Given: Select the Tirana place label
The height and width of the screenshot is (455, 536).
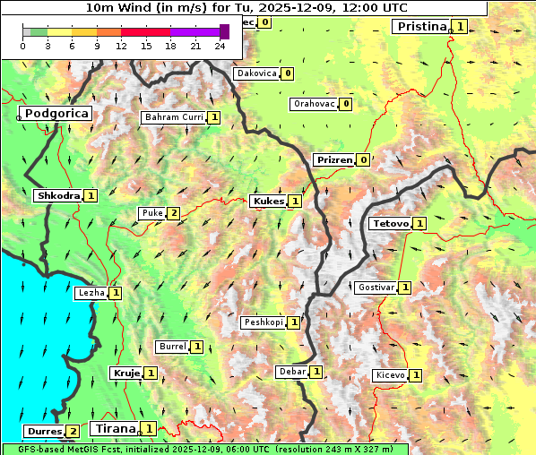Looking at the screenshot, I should tap(114, 428).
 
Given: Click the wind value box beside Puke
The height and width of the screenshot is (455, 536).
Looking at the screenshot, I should tap(174, 213).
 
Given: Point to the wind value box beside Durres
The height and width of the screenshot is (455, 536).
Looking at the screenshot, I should tap(73, 432).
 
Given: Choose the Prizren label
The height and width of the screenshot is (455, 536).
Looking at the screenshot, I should tap(334, 160).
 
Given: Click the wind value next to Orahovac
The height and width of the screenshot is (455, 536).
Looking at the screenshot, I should tap(346, 104).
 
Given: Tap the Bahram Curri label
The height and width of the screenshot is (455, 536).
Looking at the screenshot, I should tap(174, 117).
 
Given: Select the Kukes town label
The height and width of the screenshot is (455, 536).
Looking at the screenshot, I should tap(268, 202).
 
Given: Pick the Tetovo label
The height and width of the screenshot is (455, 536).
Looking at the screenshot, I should tap(390, 223).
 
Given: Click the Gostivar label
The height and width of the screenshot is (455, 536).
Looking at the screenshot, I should tap(376, 288).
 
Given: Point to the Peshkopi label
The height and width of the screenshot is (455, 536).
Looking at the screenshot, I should tap(264, 322).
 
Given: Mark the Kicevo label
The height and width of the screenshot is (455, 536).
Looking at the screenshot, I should tap(390, 374).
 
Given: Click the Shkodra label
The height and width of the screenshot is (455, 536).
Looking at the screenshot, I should tap(58, 195).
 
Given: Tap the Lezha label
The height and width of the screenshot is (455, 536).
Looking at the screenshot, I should tap(91, 292).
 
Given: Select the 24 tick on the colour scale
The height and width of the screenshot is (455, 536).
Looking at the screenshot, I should tap(220, 46).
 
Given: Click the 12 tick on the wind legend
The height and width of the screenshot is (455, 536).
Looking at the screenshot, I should tap(121, 46).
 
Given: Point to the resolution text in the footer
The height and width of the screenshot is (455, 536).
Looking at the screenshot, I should tap(335, 449).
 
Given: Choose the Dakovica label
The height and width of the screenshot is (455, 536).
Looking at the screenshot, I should tap(255, 73).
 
